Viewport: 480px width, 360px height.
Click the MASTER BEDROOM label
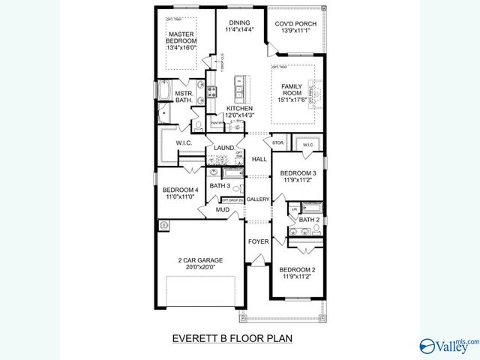click(x=181, y=38)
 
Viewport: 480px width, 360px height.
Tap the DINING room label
click(x=240, y=23)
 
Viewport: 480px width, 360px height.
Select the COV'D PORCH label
click(x=292, y=23)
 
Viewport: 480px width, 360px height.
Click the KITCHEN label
click(x=240, y=108)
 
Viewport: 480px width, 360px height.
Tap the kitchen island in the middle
click(x=240, y=88)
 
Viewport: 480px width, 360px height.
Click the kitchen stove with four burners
click(x=212, y=92)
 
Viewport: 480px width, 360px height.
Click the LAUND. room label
click(x=223, y=148)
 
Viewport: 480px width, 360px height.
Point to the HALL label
click(x=259, y=159)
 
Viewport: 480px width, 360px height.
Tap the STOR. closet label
click(x=277, y=142)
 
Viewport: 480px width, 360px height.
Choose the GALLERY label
click(x=258, y=199)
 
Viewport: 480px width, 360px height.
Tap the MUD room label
click(x=223, y=210)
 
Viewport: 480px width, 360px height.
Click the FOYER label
click(x=258, y=242)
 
